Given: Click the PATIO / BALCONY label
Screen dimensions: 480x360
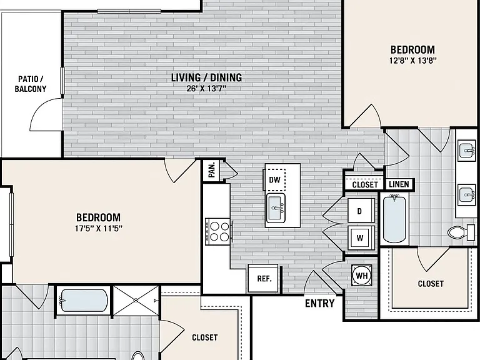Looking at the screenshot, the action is [31, 84].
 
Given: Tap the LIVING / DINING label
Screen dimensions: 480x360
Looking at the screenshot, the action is [206, 77].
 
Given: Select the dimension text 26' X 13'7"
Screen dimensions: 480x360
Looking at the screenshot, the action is [206, 89].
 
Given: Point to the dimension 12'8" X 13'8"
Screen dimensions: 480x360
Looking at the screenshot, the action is [412, 60].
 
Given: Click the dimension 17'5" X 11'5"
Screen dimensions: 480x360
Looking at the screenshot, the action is [99, 228].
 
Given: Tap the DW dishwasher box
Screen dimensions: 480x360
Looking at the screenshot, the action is [274, 180].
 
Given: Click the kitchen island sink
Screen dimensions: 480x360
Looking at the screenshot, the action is [276, 208].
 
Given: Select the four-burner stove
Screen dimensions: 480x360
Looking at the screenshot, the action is [217, 231].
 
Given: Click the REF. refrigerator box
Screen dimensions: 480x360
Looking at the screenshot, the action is [264, 279].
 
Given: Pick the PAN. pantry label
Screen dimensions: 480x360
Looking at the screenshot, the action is [212, 170].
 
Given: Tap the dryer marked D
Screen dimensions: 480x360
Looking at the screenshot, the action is [361, 211].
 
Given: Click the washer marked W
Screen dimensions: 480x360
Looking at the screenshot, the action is [361, 238].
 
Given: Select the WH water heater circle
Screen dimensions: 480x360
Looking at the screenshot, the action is [362, 276].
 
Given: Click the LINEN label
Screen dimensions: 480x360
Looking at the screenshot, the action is [399, 184].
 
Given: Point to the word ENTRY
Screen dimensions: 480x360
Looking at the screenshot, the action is [320, 303].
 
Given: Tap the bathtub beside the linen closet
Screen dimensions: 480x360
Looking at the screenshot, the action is [394, 219].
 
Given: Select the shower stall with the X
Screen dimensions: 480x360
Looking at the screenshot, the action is [136, 301].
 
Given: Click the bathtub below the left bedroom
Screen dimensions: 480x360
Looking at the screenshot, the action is [84, 300].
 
